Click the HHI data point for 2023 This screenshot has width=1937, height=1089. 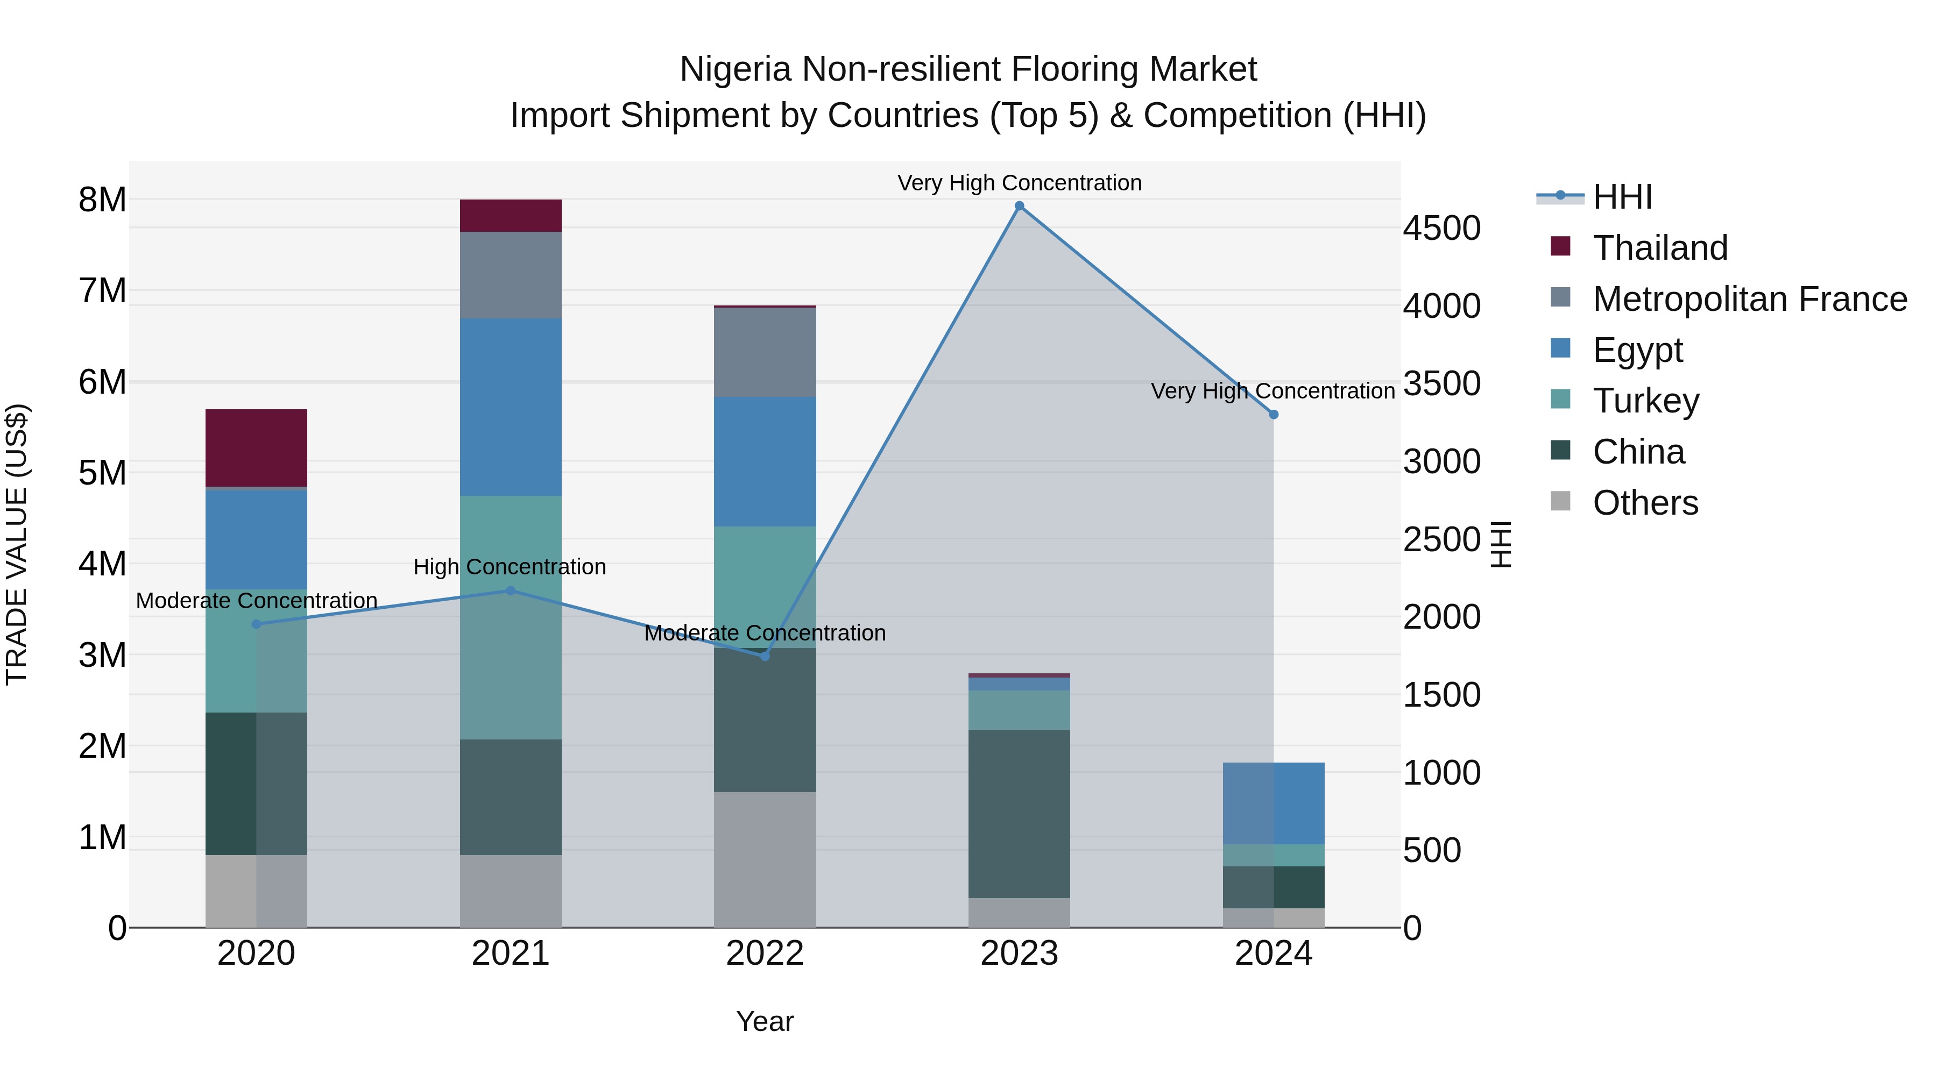(1019, 206)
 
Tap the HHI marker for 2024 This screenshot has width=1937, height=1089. (1273, 415)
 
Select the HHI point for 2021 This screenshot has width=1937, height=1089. (511, 590)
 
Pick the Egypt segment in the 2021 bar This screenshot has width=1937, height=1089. (511, 407)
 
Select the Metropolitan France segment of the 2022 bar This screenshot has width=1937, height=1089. (765, 352)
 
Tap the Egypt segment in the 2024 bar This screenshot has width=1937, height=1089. (1273, 803)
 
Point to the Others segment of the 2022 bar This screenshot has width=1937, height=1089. (765, 859)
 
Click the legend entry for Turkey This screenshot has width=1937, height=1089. (1645, 401)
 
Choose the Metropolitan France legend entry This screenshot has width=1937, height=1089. (1749, 299)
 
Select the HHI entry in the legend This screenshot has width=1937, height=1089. (1622, 197)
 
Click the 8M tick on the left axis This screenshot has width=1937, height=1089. (102, 200)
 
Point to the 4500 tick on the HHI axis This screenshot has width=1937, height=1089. (1441, 229)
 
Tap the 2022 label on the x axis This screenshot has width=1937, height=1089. (765, 953)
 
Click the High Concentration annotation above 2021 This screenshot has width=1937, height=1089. (510, 567)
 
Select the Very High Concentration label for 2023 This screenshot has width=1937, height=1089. (1019, 183)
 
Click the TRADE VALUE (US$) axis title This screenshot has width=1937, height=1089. (17, 544)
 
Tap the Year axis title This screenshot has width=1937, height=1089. (765, 1021)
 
